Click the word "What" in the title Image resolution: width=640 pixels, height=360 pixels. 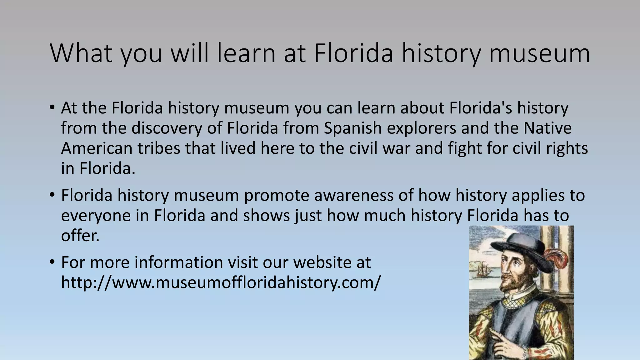click(81, 53)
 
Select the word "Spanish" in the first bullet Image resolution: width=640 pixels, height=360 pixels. click(353, 128)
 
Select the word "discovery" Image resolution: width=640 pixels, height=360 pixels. click(167, 128)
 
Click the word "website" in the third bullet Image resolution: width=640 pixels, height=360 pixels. click(322, 262)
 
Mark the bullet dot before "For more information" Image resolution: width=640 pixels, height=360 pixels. click(52, 262)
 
